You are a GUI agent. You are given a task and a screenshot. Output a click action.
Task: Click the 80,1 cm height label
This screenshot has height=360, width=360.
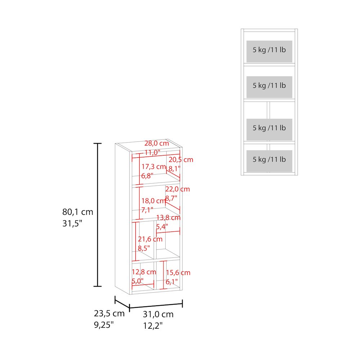tap(78, 212)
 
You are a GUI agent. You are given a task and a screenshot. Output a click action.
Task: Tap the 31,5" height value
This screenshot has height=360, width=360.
tap(72, 223)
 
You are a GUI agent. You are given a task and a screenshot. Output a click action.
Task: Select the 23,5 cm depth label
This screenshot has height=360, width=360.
tap(109, 314)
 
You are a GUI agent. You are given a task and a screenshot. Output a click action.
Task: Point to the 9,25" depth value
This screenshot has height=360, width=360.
tap(104, 325)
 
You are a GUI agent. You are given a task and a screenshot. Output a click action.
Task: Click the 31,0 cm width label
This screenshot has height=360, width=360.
tap(158, 314)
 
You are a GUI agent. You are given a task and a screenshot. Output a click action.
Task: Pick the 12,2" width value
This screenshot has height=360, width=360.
tap(153, 325)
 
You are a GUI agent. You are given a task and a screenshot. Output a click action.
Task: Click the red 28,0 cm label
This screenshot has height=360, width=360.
tap(157, 143)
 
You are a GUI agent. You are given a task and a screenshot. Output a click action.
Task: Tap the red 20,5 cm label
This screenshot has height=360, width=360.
tap(181, 159)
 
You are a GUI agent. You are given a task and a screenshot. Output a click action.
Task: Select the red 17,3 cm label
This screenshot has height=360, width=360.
tap(154, 166)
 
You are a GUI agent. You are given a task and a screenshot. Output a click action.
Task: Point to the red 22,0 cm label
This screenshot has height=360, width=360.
tap(177, 189)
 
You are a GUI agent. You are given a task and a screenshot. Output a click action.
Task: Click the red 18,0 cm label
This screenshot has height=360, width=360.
tap(153, 201)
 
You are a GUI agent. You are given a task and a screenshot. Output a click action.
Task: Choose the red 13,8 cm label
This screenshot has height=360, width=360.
tap(168, 217)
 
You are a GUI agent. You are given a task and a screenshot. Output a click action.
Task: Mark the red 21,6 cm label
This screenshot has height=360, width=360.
tap(150, 239)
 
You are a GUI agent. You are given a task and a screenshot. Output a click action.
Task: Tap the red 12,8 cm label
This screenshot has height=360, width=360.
tap(144, 272)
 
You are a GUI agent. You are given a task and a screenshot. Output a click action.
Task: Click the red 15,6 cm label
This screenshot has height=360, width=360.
tap(178, 273)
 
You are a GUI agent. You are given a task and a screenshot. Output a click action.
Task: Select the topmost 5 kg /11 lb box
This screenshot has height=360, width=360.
tap(269, 51)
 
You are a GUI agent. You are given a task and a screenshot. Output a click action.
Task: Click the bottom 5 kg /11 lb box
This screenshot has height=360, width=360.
tap(269, 161)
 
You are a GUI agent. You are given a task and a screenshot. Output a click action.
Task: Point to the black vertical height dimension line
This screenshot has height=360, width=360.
tap(98, 215)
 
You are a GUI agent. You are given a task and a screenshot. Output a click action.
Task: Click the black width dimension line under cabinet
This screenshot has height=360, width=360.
tap(156, 306)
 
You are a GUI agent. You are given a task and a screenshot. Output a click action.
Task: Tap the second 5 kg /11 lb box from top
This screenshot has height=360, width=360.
tap(269, 87)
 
